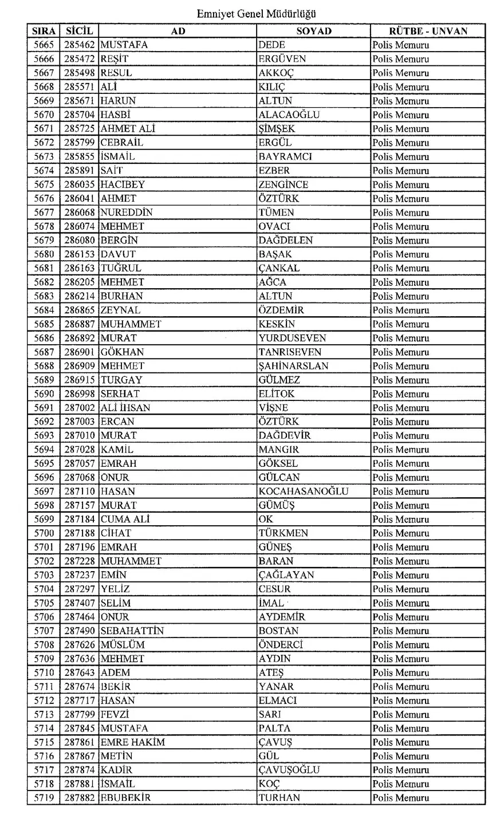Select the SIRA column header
pos(43,31)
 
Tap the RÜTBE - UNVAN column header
pos(428,31)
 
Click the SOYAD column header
pos(313,31)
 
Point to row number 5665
pos(44,45)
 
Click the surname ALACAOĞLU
pos(289,115)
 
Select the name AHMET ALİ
pos(128,129)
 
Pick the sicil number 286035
pos(79,184)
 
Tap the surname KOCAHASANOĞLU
pos(303,491)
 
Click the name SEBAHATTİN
pos(132,631)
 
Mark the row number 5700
pos(44,533)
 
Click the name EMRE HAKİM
pos(132,742)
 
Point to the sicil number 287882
pos(79,798)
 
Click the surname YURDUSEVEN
pos(292,338)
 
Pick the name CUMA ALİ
pos(125,520)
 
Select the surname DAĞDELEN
pos(285,241)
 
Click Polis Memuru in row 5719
pos(400,798)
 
